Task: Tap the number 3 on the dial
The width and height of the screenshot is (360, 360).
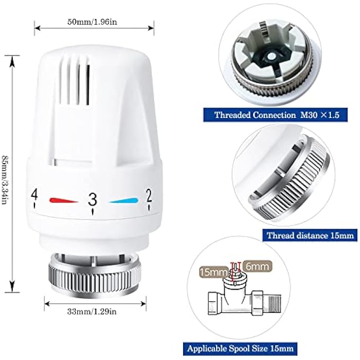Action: pyautogui.click(x=93, y=199)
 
